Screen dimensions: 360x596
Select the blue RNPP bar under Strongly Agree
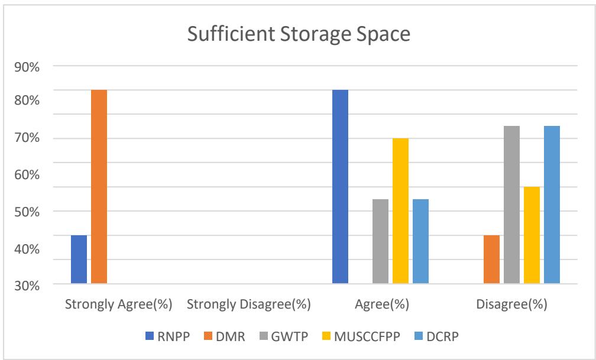(79, 260)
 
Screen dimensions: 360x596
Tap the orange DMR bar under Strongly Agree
(99, 187)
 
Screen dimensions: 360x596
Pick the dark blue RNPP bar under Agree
(340, 187)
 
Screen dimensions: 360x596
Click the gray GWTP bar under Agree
(380, 241)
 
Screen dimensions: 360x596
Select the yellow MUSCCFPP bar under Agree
(400, 211)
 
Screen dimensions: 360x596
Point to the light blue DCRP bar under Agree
(420, 241)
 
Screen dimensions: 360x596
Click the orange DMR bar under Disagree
(491, 260)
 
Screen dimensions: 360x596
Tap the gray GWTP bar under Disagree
(511, 205)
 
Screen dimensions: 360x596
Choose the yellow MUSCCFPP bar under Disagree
(532, 235)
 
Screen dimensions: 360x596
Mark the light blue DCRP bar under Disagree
(552, 205)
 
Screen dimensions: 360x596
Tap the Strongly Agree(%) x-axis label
(118, 305)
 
